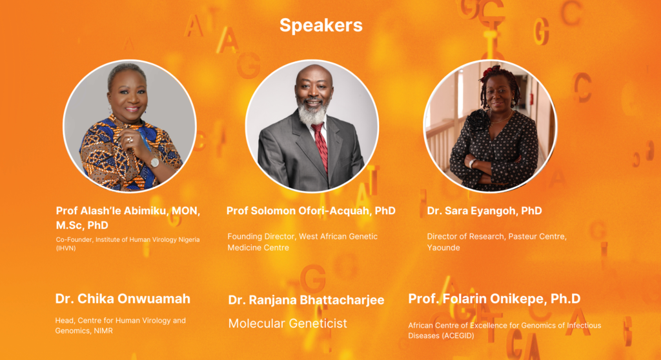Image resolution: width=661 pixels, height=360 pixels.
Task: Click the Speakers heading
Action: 321,25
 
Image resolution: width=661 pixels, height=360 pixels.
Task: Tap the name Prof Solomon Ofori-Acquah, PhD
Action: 311,211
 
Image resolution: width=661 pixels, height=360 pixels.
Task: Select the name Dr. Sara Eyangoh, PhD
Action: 484,211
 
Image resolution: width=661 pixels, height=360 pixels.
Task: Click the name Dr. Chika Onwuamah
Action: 123,299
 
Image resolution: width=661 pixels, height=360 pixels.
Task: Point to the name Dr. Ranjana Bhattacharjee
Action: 306,300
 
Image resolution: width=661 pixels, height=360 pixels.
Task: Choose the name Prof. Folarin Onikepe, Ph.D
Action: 494,299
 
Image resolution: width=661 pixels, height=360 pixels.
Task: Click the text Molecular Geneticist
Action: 287,323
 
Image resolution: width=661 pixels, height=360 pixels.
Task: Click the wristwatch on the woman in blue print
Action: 155,161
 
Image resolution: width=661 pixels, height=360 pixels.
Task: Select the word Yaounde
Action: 443,248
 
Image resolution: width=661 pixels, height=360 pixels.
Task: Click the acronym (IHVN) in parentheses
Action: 66,248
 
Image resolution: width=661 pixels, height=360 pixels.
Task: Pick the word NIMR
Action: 103,331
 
